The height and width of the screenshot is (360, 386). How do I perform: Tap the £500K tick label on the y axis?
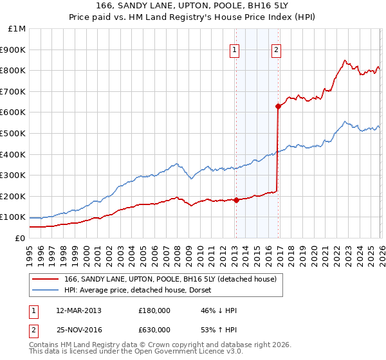pyautogui.click(x=13, y=133)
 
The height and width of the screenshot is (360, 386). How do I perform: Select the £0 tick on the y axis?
pyautogui.click(x=19, y=238)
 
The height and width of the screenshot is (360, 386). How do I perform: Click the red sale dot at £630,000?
pyautogui.click(x=278, y=106)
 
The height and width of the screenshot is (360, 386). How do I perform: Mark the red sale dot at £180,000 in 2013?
pyautogui.click(x=236, y=200)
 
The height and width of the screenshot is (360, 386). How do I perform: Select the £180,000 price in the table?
pyautogui.click(x=154, y=310)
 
